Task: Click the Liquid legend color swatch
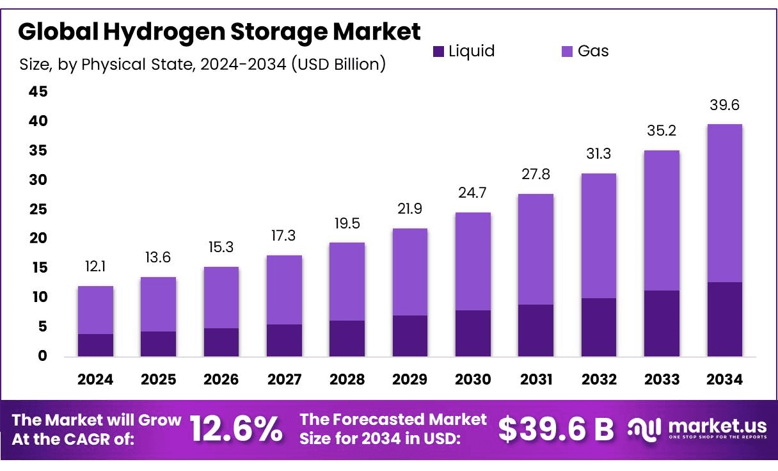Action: [x=438, y=52]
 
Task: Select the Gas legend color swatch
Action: [x=567, y=52]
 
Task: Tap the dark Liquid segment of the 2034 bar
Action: [x=724, y=319]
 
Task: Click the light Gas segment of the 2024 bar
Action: [x=95, y=310]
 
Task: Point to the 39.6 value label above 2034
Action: [x=725, y=105]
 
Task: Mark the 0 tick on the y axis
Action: [x=42, y=356]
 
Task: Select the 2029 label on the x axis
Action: [x=409, y=379]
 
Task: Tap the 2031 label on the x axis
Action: [x=536, y=379]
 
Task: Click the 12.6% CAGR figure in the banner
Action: [x=237, y=429]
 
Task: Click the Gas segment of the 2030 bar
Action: [x=473, y=261]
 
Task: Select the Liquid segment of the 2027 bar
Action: [x=284, y=340]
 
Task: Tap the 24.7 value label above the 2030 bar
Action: [x=473, y=193]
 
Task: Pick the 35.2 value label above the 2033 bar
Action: [x=662, y=131]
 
